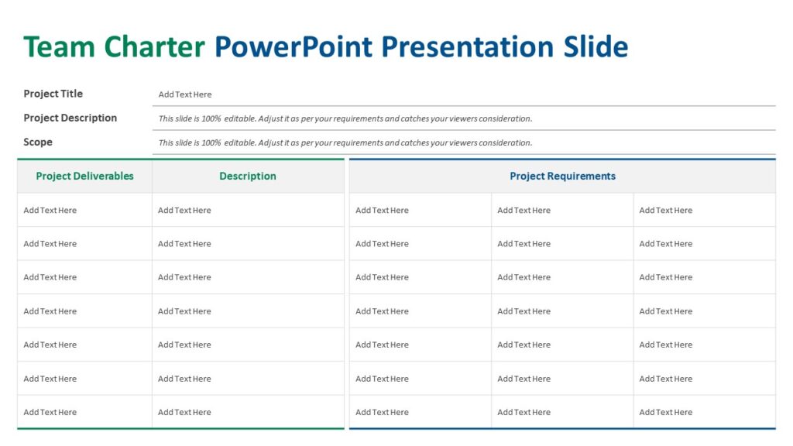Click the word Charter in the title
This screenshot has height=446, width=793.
coord(154,47)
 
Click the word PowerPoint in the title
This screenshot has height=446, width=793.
coord(294,47)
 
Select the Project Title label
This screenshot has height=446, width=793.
coord(53,94)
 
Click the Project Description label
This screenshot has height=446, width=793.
coord(70,118)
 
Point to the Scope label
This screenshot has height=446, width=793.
coord(38,142)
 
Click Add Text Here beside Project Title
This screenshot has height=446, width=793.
coord(185,94)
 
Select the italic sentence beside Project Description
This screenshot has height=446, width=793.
coord(345,118)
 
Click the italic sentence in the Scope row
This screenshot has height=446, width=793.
coord(345,142)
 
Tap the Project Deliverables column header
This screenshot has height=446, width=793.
coord(84,176)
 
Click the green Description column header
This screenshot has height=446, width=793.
coord(248,176)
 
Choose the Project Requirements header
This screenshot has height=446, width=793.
coord(562,176)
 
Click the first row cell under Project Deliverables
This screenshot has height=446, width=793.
coord(50,210)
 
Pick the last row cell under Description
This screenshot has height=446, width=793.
coord(184,412)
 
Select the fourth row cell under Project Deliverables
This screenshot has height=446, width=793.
coord(50,311)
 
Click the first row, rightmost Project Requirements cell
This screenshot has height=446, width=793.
coord(666,210)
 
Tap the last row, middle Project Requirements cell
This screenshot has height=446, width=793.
coord(524,412)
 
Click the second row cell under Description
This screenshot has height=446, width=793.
coord(184,244)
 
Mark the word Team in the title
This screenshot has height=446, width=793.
coord(60,47)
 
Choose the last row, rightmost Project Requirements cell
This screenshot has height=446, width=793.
coord(666,412)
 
